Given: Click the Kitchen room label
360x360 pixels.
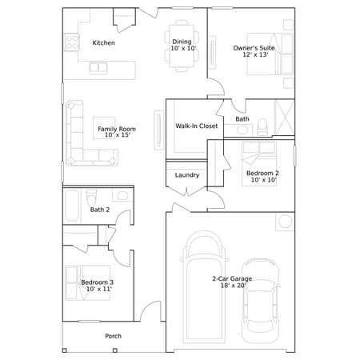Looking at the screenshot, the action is point(104,42).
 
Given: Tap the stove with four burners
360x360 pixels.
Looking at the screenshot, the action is point(72,42).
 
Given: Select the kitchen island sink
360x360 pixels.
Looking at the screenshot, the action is point(98,68).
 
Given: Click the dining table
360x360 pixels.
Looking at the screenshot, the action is point(182,46).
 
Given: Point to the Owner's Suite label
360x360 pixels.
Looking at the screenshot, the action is point(254,48).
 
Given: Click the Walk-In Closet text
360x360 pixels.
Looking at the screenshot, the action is point(197,126).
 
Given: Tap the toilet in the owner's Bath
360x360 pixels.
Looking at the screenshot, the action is point(262,126).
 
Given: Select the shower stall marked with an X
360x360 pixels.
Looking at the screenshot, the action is point(285,118).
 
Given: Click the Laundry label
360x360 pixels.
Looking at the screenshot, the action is point(187,175).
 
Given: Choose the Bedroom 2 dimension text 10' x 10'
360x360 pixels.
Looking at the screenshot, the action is point(264,180).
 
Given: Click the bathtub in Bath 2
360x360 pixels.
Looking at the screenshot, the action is point(72,206).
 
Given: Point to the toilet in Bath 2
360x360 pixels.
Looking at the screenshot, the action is point(91,197).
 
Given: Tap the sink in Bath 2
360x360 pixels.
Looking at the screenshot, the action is point(122,195).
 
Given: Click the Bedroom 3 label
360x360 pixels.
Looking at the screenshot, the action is point(98,282).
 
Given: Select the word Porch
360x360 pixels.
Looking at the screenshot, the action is point(114,336).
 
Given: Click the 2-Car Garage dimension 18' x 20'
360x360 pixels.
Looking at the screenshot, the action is point(234,286).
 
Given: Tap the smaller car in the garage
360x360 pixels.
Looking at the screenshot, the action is point(260,301).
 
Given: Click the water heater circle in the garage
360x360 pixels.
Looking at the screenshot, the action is point(285,222).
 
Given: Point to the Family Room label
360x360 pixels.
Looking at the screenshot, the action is point(117,129).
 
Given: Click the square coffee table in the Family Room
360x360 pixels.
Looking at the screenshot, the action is point(104,128).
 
